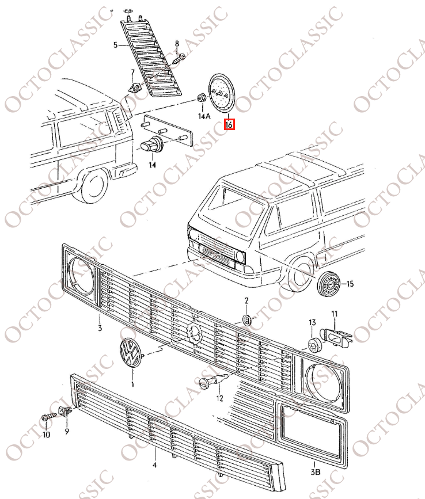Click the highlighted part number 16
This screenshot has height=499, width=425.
(x=229, y=124)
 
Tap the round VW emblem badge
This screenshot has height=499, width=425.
(x=130, y=353)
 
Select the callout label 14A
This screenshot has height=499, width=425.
(x=204, y=116)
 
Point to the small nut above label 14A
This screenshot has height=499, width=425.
(x=201, y=98)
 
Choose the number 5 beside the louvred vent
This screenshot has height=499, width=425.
(x=116, y=45)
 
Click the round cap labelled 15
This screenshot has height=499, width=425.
(x=329, y=284)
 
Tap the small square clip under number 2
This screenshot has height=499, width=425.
(x=247, y=319)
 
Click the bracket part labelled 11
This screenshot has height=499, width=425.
(x=336, y=337)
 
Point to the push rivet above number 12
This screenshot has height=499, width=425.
(x=213, y=380)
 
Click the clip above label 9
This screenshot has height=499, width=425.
(x=64, y=411)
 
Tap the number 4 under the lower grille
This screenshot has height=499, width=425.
(x=154, y=465)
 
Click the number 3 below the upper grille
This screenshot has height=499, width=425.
(x=100, y=328)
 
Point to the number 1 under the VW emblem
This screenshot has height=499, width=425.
(x=133, y=384)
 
